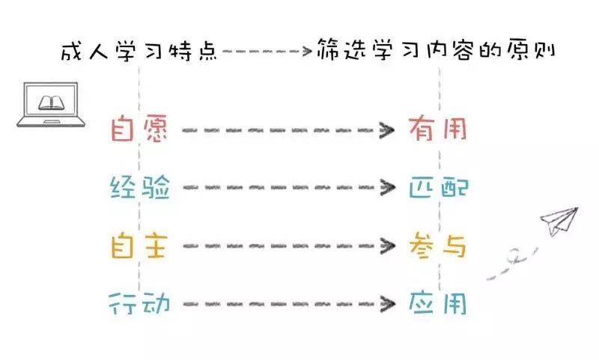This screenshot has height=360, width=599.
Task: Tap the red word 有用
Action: point(438,129)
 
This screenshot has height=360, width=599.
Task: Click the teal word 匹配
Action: point(438,187)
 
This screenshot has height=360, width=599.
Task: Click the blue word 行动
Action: point(140,303)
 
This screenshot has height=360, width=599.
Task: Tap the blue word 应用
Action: point(438,303)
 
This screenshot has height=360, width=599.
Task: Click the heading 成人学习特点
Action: point(139,52)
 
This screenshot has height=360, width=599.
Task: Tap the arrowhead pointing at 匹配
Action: point(387,188)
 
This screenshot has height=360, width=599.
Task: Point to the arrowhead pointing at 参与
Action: point(387,245)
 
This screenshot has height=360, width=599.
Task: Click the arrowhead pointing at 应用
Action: point(387,304)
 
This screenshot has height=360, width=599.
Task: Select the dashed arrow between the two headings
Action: point(267,52)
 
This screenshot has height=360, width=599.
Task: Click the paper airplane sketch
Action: point(559,222)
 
